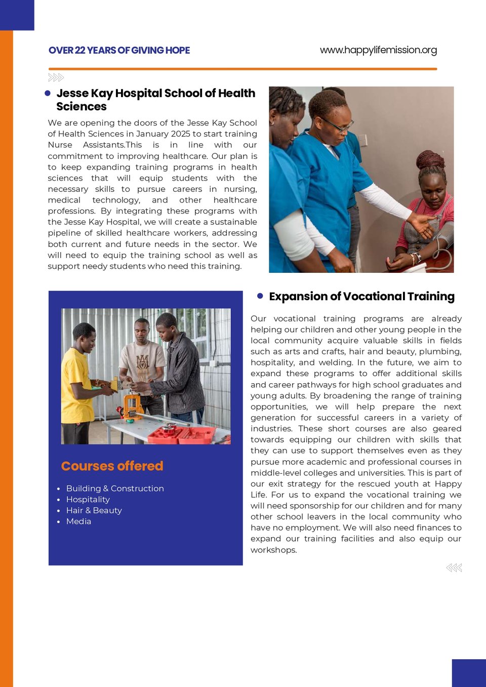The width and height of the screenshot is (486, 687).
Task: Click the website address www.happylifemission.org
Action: click(x=378, y=50)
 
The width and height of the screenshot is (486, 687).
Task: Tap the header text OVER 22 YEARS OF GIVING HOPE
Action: click(x=119, y=50)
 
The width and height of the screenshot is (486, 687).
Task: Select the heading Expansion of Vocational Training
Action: click(x=361, y=297)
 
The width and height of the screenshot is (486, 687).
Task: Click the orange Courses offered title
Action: click(x=112, y=466)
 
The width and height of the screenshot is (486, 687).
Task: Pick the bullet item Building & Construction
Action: click(x=115, y=489)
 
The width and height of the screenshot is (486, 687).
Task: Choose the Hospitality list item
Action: click(x=88, y=500)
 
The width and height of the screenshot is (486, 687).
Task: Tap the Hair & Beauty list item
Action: click(x=94, y=510)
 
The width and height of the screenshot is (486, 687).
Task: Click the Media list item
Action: click(x=78, y=521)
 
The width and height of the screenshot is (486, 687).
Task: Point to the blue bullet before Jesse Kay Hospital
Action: click(x=48, y=93)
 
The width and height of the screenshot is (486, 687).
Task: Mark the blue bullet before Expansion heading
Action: click(x=260, y=296)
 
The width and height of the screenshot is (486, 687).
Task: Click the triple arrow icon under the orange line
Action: click(x=56, y=77)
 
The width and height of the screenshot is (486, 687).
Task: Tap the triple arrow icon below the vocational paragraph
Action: click(x=454, y=568)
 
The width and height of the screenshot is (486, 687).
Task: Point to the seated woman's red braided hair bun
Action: click(x=430, y=160)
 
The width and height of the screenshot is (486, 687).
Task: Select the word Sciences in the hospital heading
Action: click(x=82, y=107)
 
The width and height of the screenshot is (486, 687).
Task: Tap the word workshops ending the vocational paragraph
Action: click(x=273, y=550)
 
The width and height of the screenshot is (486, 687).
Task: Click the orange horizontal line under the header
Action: click(x=242, y=69)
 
